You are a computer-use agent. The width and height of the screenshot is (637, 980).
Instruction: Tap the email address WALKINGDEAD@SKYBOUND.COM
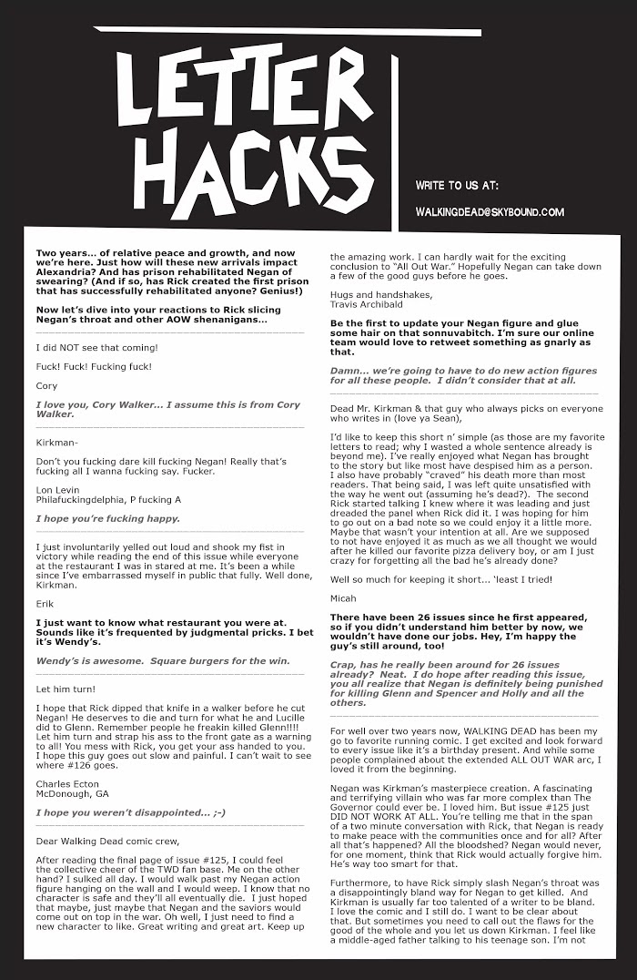point(490,212)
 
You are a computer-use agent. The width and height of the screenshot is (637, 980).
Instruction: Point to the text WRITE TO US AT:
point(457,185)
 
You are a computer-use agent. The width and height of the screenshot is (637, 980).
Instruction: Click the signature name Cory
point(46,386)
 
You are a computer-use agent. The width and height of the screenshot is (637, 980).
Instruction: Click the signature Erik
point(45,602)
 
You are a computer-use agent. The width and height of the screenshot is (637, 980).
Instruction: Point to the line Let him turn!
point(66,689)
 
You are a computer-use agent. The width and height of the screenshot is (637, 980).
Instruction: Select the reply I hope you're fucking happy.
point(107,518)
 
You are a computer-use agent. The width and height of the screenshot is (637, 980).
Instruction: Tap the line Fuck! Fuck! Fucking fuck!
point(94,367)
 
